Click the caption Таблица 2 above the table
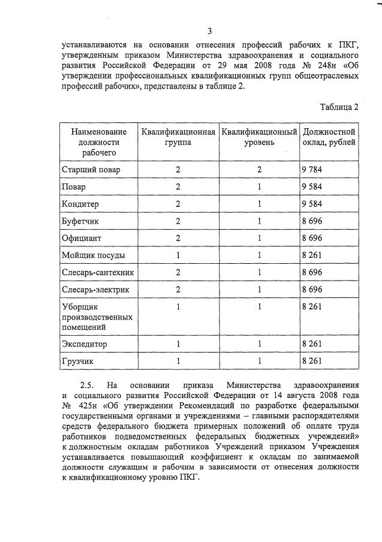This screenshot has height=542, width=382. click(339, 107)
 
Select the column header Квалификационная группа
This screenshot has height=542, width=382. click(178, 137)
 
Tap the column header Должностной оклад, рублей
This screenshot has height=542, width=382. click(330, 137)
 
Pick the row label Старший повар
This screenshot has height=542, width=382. click(91, 170)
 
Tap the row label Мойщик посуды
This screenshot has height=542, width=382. click(94, 255)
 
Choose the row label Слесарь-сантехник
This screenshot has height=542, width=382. click(98, 273)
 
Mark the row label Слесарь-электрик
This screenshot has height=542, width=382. click(95, 290)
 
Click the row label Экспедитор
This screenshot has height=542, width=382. click(85, 344)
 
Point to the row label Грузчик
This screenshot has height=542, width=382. click(78, 362)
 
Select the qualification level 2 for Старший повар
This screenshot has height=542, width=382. click(259, 170)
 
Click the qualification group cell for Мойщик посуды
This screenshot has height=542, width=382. click(178, 255)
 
